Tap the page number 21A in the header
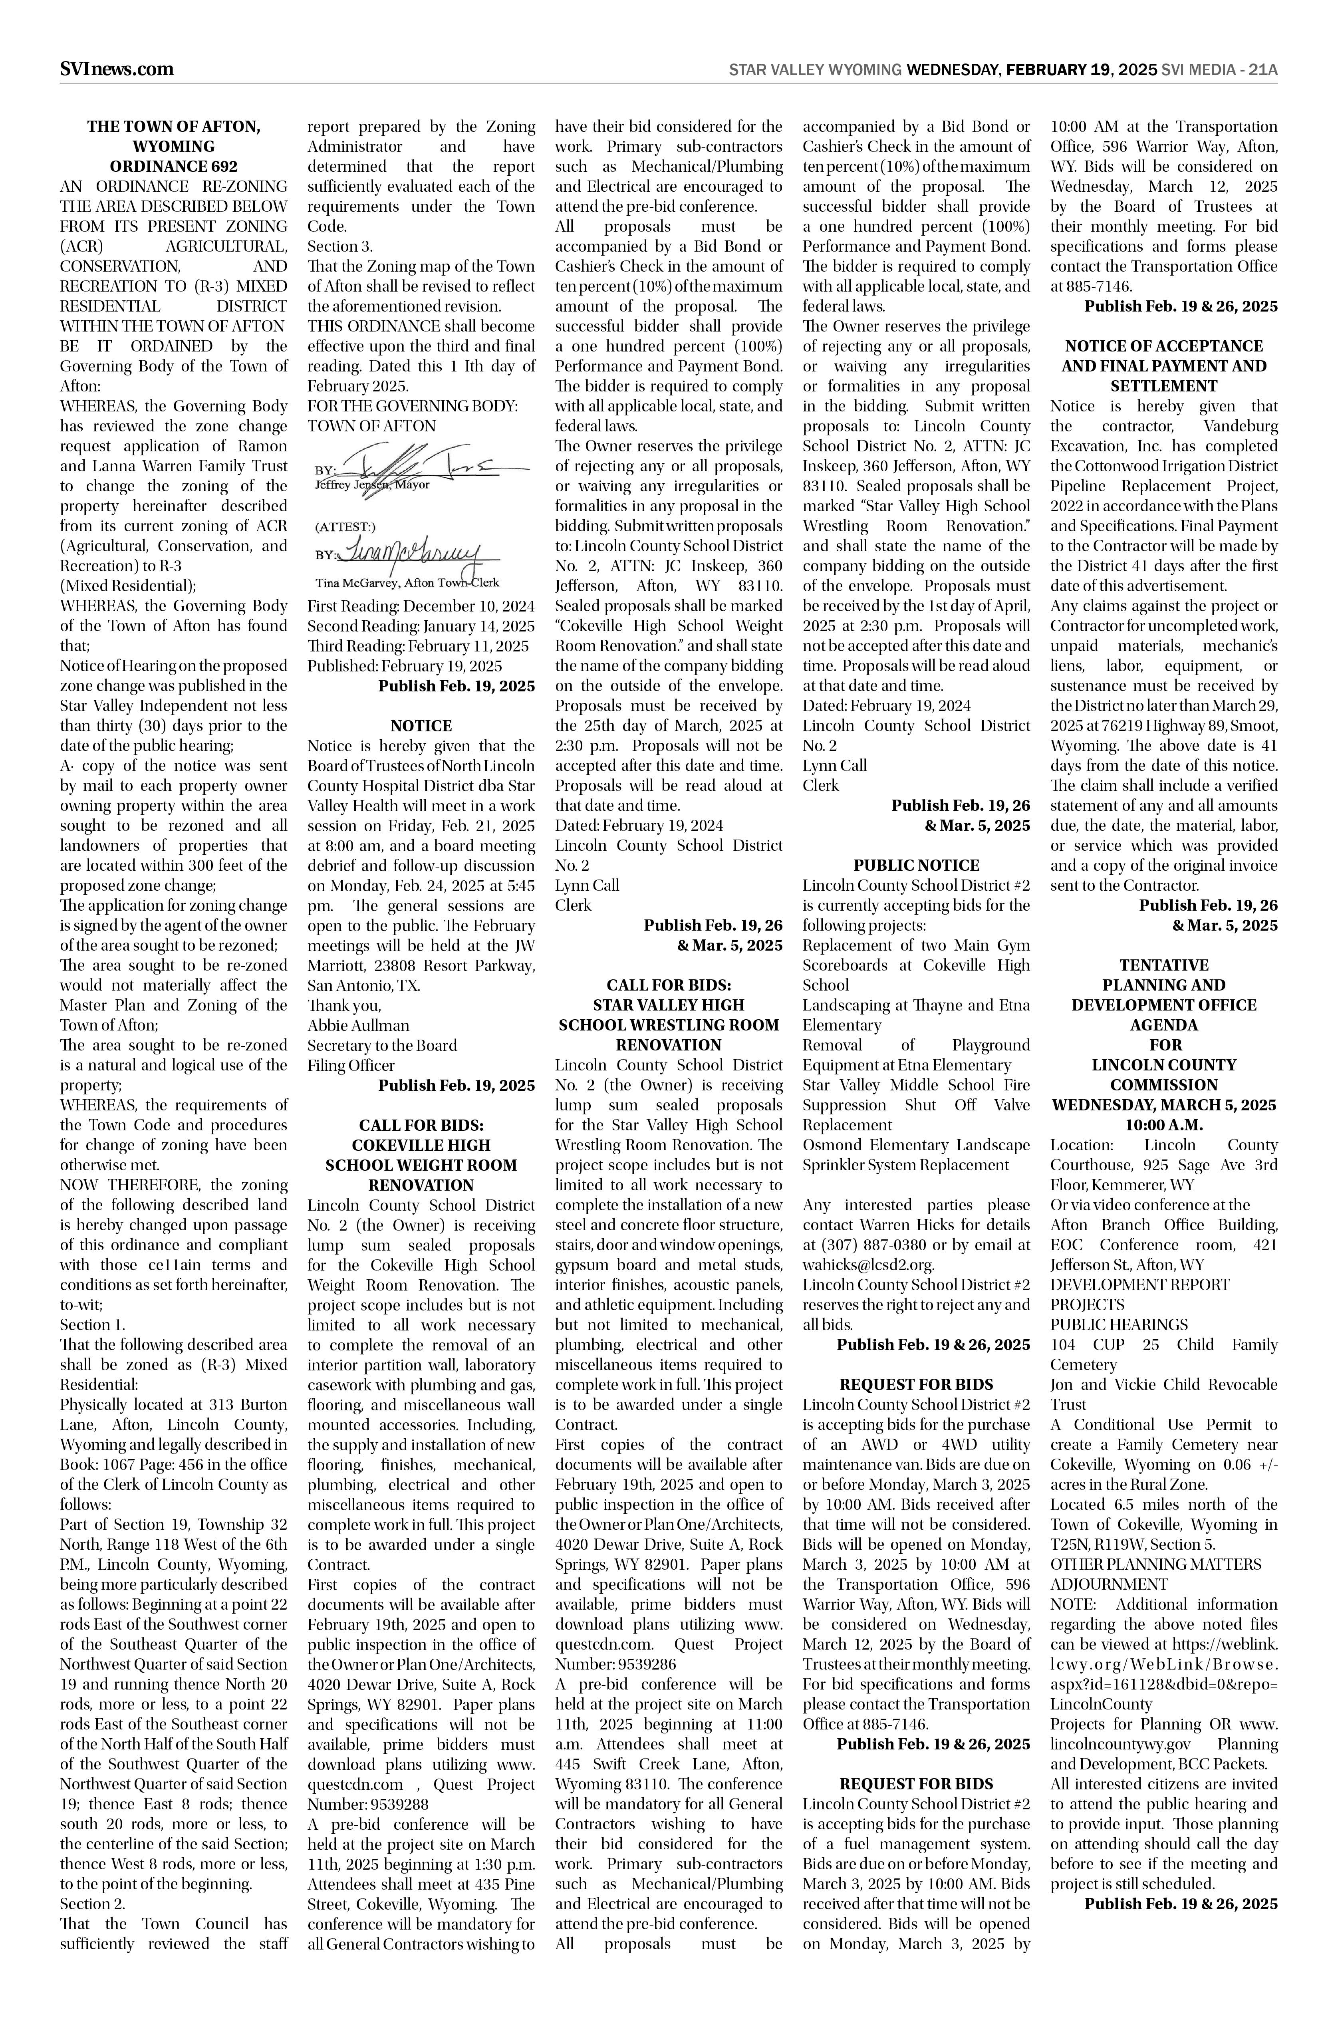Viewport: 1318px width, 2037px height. point(1262,70)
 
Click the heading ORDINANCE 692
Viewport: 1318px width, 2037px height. point(174,166)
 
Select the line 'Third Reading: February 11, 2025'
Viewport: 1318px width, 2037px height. point(418,646)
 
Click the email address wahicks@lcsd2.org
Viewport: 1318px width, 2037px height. point(868,1265)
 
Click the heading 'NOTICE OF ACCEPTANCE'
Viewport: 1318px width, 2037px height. point(1163,346)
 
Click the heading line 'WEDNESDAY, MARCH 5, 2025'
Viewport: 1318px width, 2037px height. point(1163,1105)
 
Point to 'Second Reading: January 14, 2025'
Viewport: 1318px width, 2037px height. point(420,627)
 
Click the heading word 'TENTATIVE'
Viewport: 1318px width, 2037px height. point(1163,965)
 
